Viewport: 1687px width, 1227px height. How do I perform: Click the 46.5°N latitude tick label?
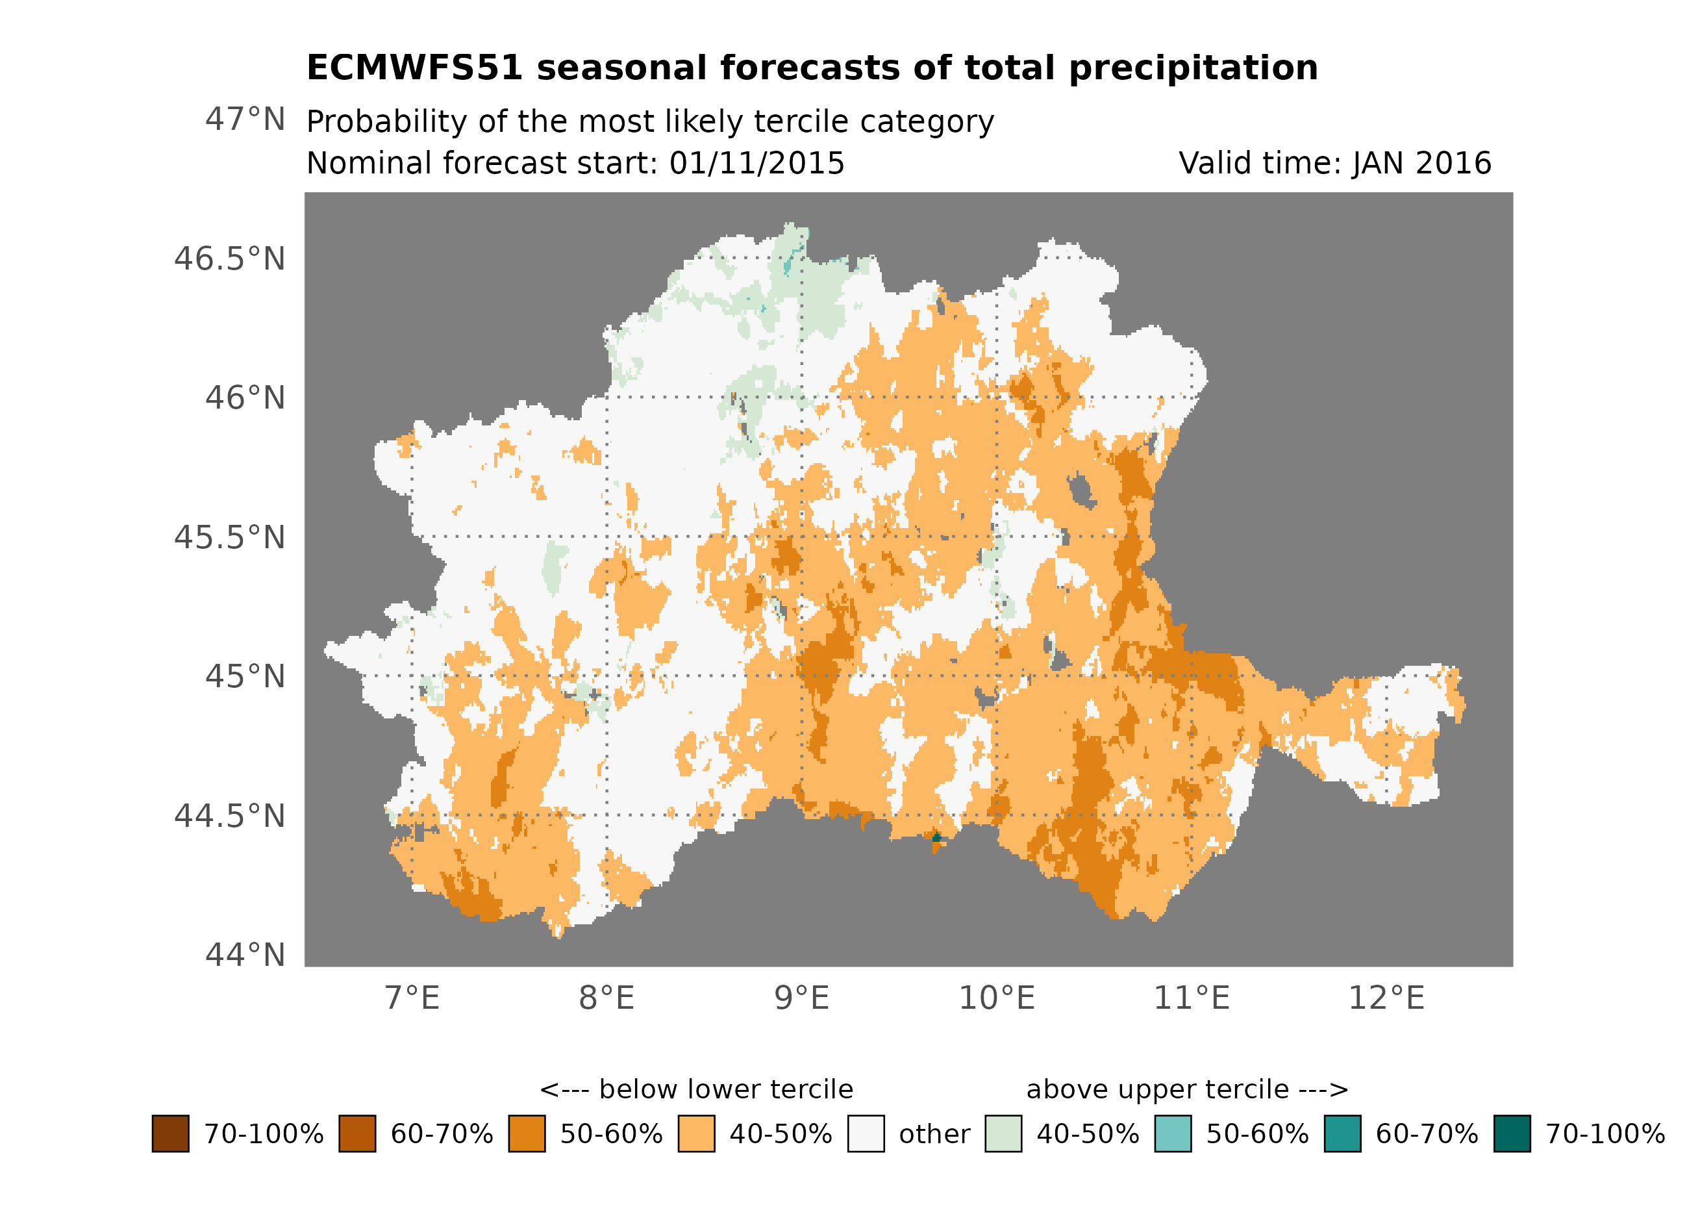pos(229,259)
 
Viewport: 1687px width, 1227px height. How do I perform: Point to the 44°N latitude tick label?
pos(245,955)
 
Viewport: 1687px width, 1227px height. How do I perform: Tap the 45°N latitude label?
pos(245,676)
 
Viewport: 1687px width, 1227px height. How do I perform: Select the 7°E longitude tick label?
pos(412,998)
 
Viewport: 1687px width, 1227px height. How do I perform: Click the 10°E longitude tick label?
pos(997,998)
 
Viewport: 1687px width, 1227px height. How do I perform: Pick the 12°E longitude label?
pos(1386,998)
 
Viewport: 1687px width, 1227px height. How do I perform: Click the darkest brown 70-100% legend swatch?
pos(170,1134)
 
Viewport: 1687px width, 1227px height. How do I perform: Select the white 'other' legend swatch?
pos(866,1134)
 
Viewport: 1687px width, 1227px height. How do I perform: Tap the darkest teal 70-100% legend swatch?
pos(1512,1134)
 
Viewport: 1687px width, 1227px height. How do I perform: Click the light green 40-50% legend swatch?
pos(1003,1134)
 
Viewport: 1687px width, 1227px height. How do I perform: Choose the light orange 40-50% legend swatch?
pos(696,1134)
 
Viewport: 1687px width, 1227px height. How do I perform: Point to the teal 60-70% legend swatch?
pos(1343,1134)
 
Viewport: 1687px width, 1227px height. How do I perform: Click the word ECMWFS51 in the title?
pos(414,68)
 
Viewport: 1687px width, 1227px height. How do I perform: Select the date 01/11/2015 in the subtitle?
pos(756,164)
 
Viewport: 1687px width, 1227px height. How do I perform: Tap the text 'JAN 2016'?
pos(1421,164)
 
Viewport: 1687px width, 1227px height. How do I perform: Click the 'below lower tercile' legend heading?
pos(696,1089)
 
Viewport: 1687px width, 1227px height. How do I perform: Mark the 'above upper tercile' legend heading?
pos(1187,1089)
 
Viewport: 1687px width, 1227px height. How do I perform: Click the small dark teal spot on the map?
pos(936,839)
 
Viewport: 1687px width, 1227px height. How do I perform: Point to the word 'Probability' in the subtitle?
pos(387,122)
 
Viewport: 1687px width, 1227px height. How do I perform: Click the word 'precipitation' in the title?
pos(1193,68)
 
